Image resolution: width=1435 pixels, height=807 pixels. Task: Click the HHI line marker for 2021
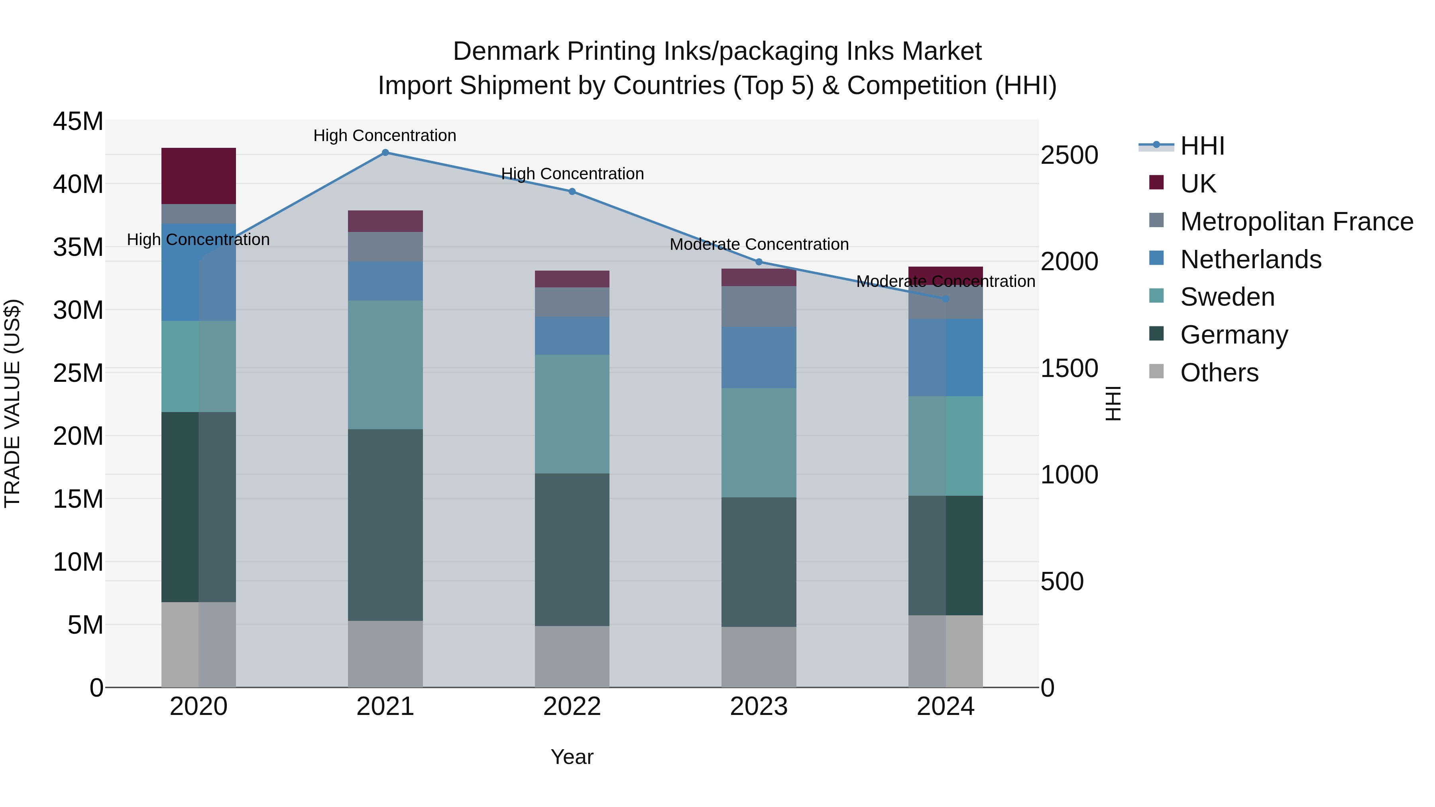[x=385, y=153]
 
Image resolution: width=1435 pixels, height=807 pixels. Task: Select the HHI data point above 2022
[x=572, y=192]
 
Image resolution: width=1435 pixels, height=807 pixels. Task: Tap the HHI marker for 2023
[x=759, y=262]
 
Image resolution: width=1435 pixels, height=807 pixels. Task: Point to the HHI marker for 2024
[x=946, y=299]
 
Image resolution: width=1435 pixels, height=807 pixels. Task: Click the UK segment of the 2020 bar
[x=199, y=176]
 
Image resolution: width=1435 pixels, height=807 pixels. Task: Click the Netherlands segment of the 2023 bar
[x=759, y=357]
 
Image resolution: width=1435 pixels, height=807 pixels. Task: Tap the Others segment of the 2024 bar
[x=946, y=651]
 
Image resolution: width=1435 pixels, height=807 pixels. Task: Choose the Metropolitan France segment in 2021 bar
[x=385, y=247]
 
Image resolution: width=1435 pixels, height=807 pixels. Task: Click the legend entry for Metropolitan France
[x=1296, y=222]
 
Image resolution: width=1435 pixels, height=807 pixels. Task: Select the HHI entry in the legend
[x=1202, y=146]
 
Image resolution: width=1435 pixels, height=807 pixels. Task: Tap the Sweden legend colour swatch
[x=1156, y=296]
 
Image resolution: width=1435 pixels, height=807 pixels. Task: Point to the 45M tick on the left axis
[x=78, y=122]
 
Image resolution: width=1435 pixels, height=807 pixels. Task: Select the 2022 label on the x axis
[x=572, y=707]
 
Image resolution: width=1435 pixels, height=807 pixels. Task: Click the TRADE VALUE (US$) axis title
[x=12, y=403]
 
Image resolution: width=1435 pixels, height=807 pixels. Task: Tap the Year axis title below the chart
[x=572, y=757]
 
